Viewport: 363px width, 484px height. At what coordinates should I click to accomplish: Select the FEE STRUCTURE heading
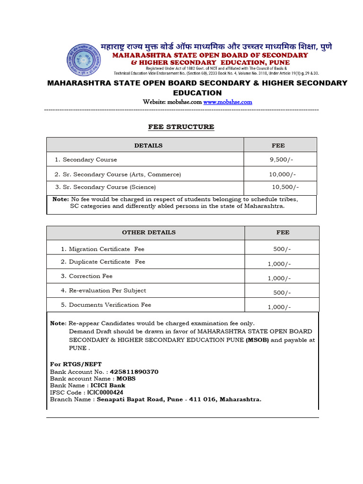click(x=181, y=127)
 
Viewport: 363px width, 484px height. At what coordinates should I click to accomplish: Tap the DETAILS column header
click(x=148, y=146)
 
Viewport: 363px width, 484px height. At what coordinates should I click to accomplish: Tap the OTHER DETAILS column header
click(x=148, y=233)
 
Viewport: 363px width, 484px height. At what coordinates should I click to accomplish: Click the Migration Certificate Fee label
click(x=106, y=249)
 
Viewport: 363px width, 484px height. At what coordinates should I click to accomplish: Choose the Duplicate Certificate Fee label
click(x=107, y=262)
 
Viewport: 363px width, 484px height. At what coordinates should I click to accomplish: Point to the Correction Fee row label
click(x=90, y=276)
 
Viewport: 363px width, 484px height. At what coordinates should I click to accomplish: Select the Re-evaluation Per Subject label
click(x=107, y=291)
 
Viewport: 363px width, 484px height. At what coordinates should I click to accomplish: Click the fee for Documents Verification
click(x=279, y=307)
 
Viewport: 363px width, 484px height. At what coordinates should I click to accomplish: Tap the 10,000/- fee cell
click(x=282, y=174)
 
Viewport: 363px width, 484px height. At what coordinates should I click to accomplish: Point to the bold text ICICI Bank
click(x=108, y=386)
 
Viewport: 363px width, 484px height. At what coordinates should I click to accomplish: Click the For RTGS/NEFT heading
click(x=69, y=364)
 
